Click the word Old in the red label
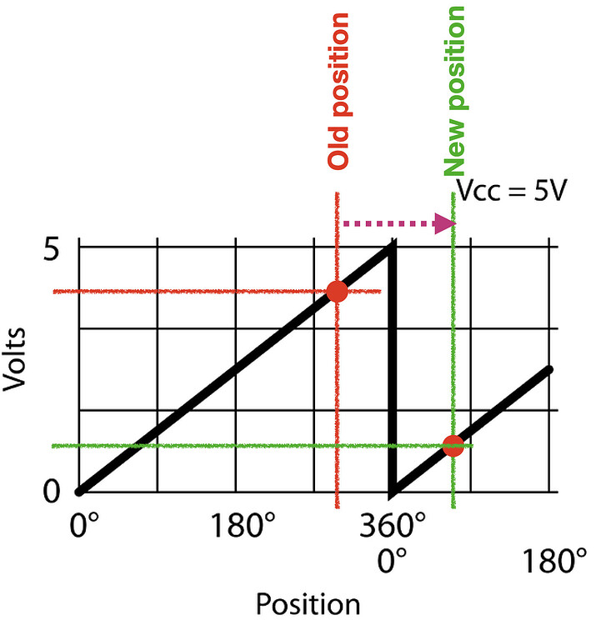point(338,145)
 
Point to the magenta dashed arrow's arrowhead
point(448,223)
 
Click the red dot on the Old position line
point(337,291)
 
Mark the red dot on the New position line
point(453,445)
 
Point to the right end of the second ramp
point(548,368)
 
